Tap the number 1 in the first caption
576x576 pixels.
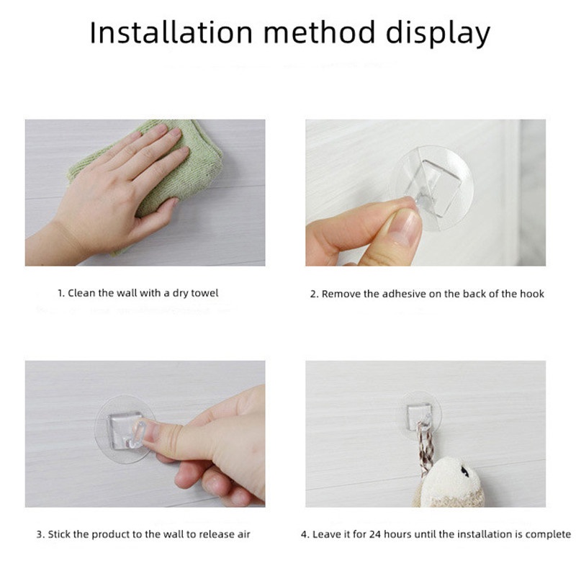60,293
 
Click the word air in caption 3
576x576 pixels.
243,534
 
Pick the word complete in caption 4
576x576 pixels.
549,534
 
